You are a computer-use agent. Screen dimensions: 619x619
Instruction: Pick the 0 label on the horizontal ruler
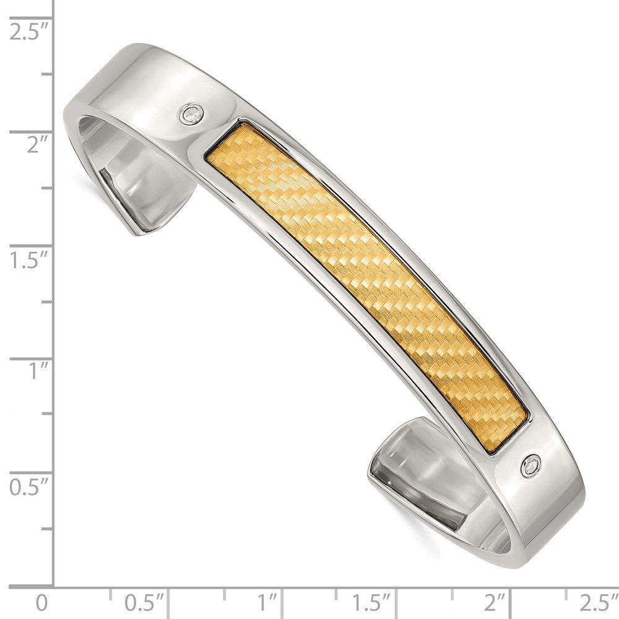(x=41, y=602)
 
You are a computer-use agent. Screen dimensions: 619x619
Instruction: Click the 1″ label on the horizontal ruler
(x=267, y=602)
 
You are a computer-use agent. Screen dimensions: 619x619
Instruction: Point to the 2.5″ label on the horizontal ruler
(x=598, y=602)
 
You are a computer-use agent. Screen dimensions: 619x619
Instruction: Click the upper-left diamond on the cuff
(x=193, y=114)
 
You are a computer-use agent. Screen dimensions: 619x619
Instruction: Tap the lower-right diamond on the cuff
(x=531, y=465)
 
